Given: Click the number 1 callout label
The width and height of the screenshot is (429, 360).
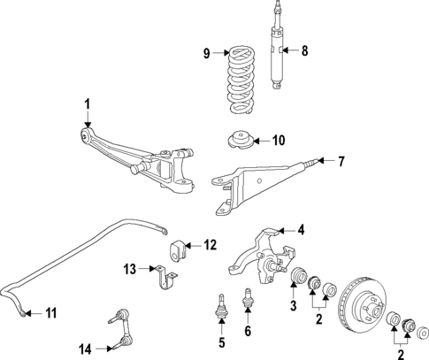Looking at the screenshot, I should click(x=87, y=105).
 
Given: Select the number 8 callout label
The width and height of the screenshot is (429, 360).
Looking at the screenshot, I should click(x=304, y=50).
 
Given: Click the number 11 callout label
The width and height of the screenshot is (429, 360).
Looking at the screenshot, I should click(x=50, y=311).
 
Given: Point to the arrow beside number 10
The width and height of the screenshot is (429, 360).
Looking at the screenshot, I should click(x=260, y=141).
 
